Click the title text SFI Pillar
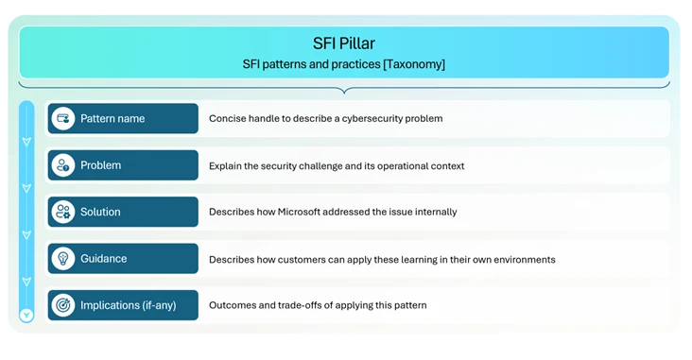click(344, 43)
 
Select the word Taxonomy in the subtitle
click(411, 64)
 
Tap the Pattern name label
click(112, 119)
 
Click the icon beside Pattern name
click(63, 119)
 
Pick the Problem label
click(101, 165)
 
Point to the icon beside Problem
click(63, 165)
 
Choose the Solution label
click(100, 212)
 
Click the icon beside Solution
click(63, 212)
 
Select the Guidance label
click(104, 259)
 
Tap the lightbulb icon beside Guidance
click(63, 259)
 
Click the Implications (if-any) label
click(129, 305)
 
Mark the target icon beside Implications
click(63, 305)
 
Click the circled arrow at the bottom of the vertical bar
click(26, 315)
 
